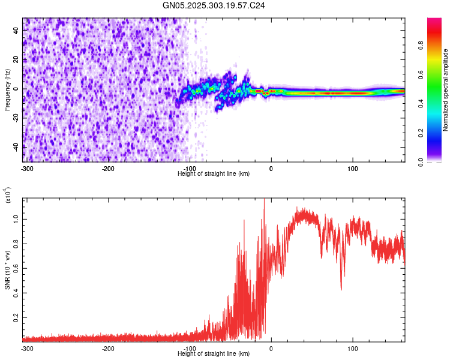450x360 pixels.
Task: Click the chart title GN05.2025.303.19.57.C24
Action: click(214, 5)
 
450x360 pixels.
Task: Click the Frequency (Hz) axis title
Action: click(7, 90)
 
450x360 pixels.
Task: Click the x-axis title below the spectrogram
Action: click(214, 173)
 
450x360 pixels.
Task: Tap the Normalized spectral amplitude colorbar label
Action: click(446, 90)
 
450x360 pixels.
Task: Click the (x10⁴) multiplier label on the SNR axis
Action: click(8, 196)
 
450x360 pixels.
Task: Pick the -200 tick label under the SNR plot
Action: click(108, 348)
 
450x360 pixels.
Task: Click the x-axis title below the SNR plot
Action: click(214, 354)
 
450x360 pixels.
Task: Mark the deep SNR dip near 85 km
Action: click(341, 289)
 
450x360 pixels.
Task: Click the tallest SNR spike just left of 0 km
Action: click(264, 200)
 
